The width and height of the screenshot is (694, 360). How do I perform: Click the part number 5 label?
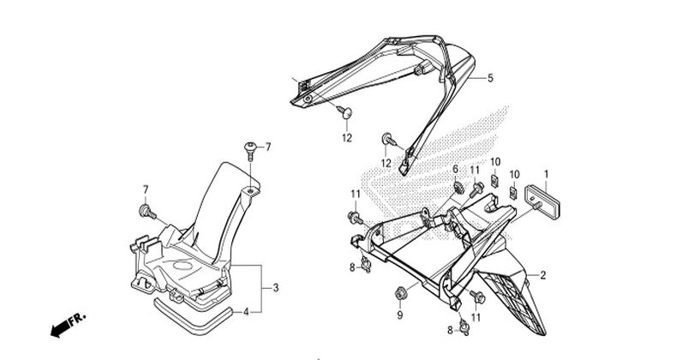point(490,78)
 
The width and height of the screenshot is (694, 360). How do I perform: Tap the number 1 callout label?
point(546,174)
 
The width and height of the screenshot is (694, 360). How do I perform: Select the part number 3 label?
point(276,288)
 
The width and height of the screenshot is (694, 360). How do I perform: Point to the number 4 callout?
point(246,312)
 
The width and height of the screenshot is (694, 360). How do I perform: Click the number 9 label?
point(400,315)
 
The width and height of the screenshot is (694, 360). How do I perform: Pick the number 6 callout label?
point(455,169)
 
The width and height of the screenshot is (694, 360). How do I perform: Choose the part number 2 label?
point(542,275)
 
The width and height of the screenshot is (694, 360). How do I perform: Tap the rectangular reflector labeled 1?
point(542,202)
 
